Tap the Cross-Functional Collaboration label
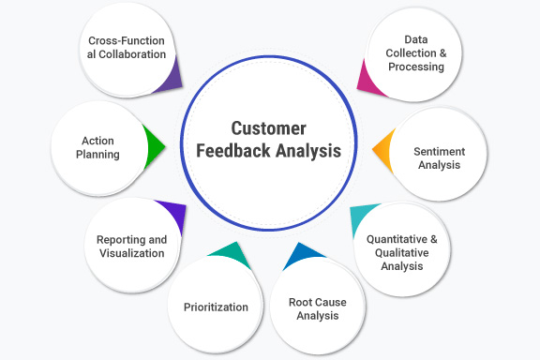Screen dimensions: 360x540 127,48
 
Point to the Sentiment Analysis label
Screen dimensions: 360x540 440,157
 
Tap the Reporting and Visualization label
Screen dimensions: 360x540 131,247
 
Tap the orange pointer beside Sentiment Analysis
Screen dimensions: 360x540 382,150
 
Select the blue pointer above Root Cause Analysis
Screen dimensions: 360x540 302,254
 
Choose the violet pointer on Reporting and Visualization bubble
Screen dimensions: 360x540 172,215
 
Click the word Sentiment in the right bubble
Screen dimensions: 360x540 440,151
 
